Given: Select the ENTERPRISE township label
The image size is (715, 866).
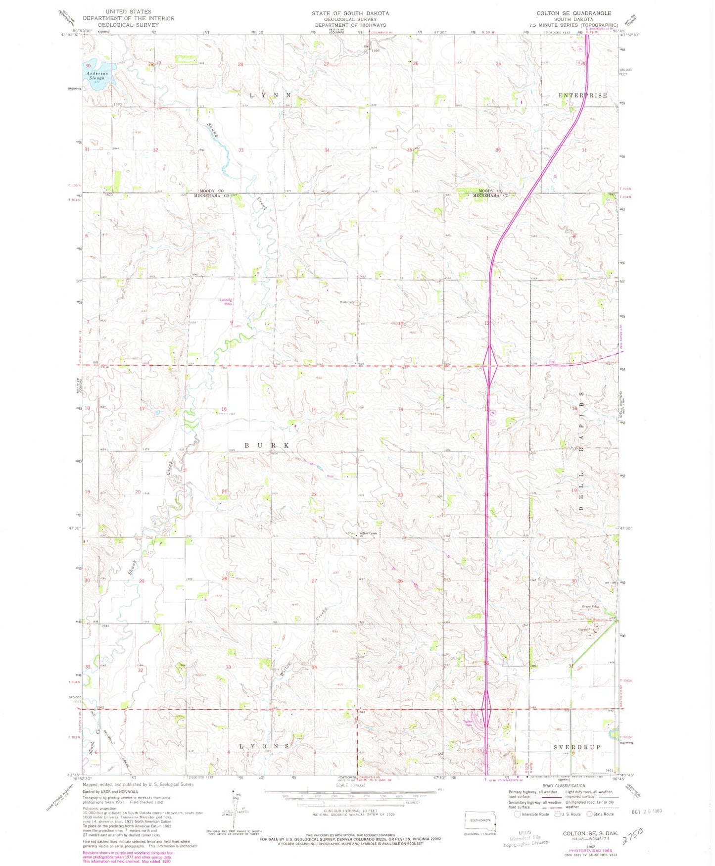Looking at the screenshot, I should [582, 95].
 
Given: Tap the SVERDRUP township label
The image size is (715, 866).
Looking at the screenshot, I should [576, 747].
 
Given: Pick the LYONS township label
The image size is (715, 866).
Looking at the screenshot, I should [264, 746].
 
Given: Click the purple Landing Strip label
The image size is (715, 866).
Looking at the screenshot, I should [226, 301].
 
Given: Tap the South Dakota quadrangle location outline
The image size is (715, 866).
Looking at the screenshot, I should [479, 821].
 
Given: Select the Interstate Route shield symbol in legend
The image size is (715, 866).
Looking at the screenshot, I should [518, 814].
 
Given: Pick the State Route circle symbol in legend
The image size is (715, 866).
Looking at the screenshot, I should [589, 814].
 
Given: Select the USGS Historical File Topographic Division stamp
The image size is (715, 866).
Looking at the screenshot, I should [528, 838].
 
